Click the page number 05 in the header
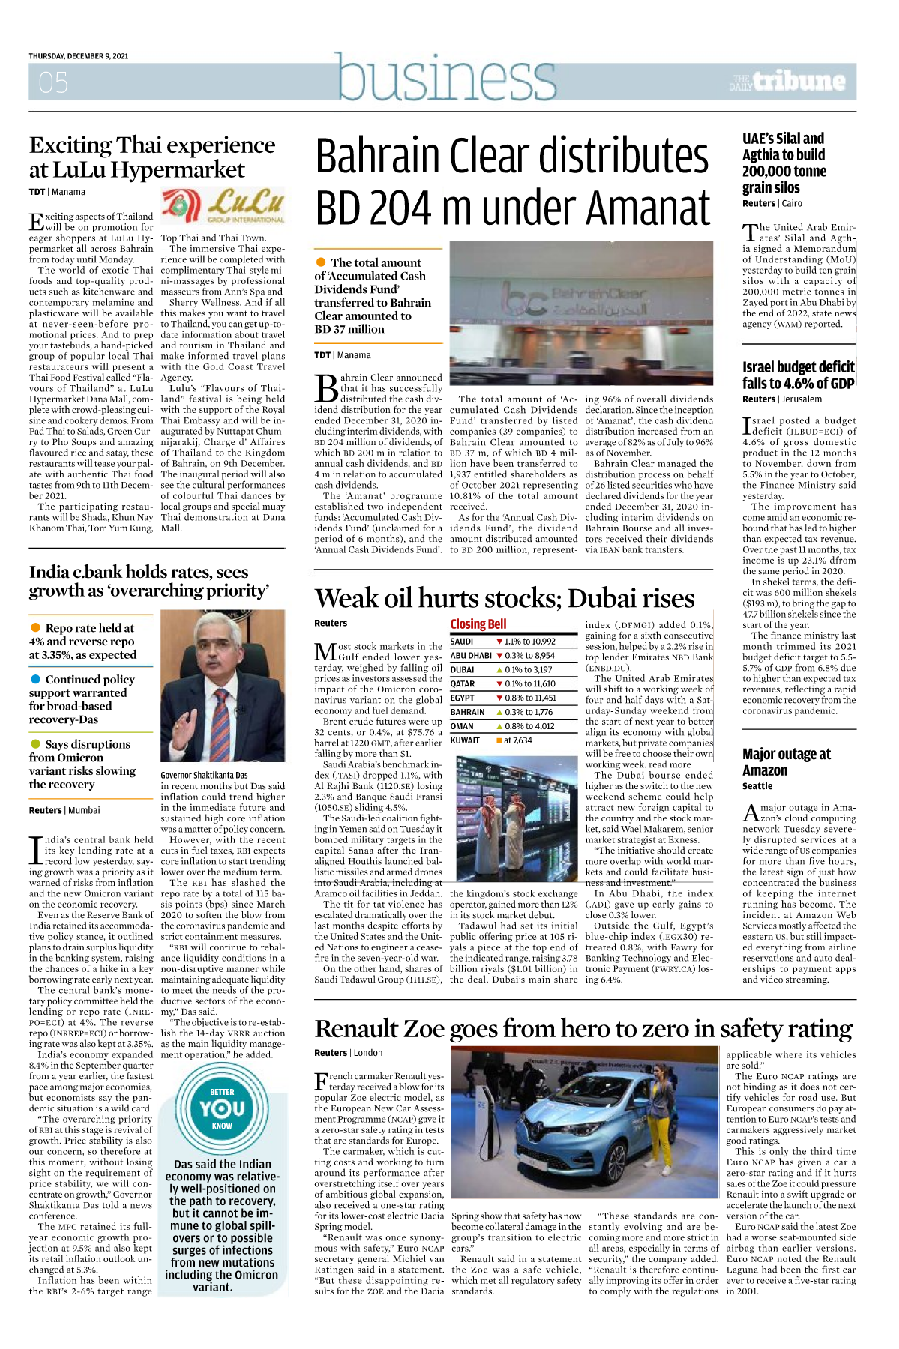53,82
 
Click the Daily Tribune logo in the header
788,82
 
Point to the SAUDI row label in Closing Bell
462,642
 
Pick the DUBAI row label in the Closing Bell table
462,670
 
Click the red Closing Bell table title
478,624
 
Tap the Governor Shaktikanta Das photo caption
204,775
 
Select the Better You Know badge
222,1108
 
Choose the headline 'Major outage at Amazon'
786,762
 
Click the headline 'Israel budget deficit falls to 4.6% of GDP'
798,375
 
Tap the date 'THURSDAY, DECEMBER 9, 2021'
79,56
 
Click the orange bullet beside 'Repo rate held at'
35,627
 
